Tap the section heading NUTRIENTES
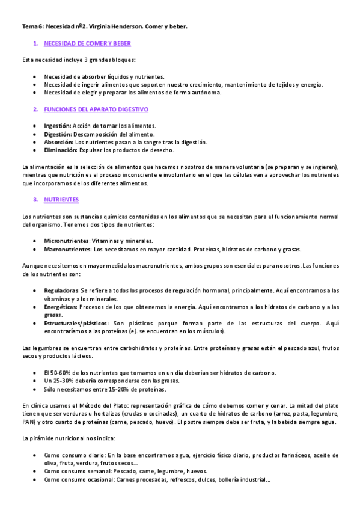pos(61,199)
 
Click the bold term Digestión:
pos(58,134)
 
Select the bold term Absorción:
pos(59,142)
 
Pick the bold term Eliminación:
pos(60,150)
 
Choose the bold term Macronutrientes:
pos(68,249)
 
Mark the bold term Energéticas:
pos(61,307)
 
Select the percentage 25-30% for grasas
pos(62,381)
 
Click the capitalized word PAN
pos(28,422)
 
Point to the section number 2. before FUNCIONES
pos(35,109)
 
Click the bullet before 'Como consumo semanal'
pos(37,472)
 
